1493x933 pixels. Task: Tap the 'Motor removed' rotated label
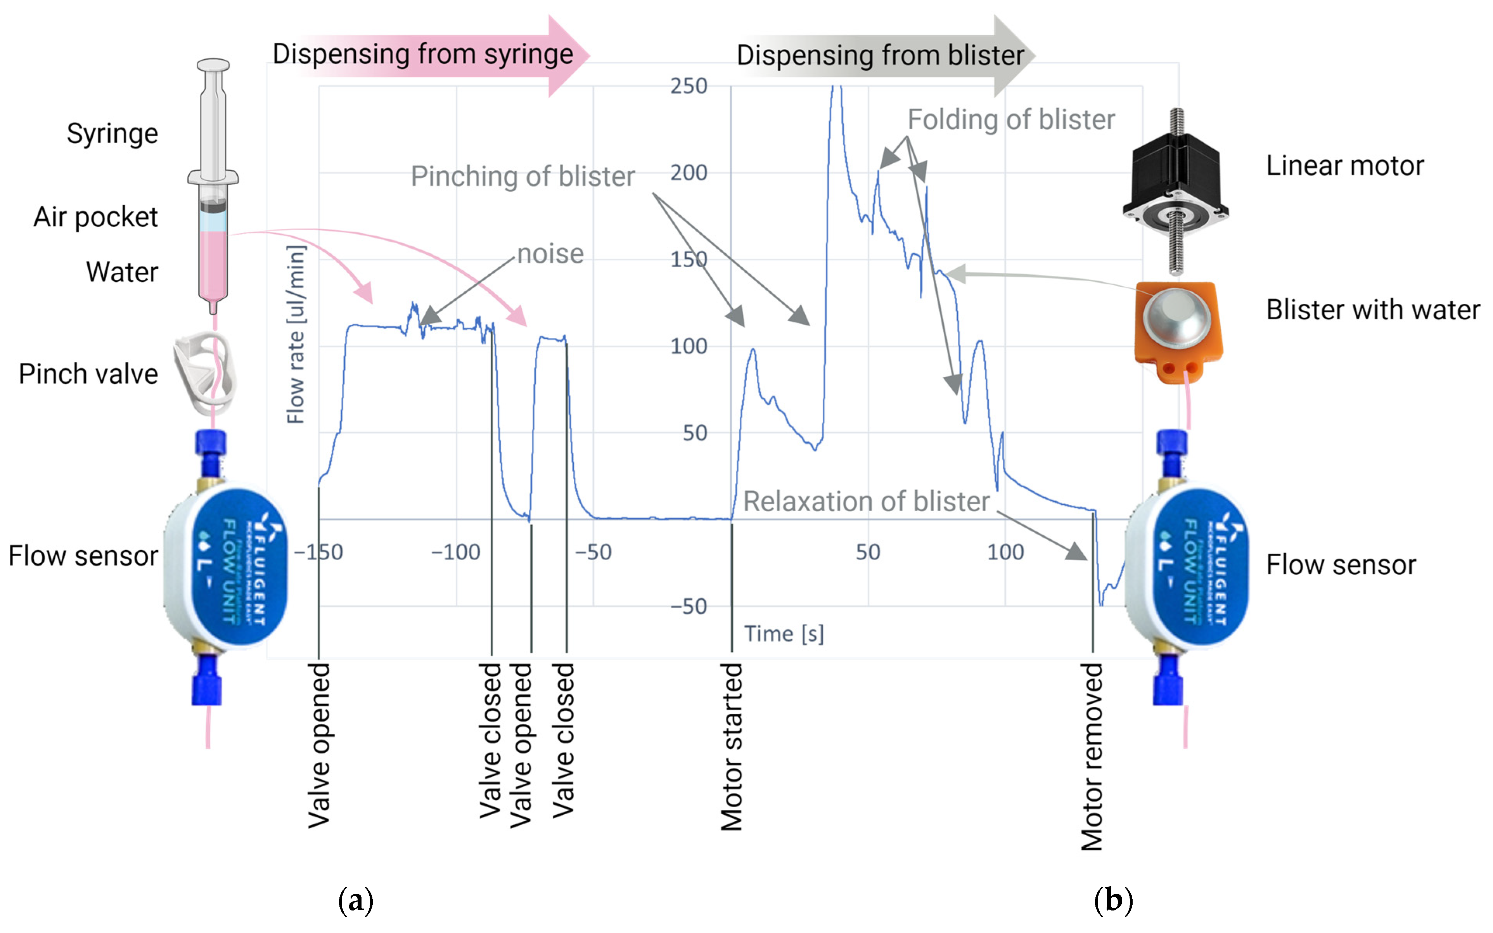1092,757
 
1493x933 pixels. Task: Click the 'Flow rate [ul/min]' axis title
296,334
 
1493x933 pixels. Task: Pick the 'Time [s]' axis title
784,634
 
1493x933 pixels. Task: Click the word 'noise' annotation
550,254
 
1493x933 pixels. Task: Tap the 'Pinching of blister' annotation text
522,177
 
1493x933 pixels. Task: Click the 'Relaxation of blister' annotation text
866,502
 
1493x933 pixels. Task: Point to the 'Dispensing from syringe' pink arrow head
567,55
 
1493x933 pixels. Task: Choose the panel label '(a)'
356,901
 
